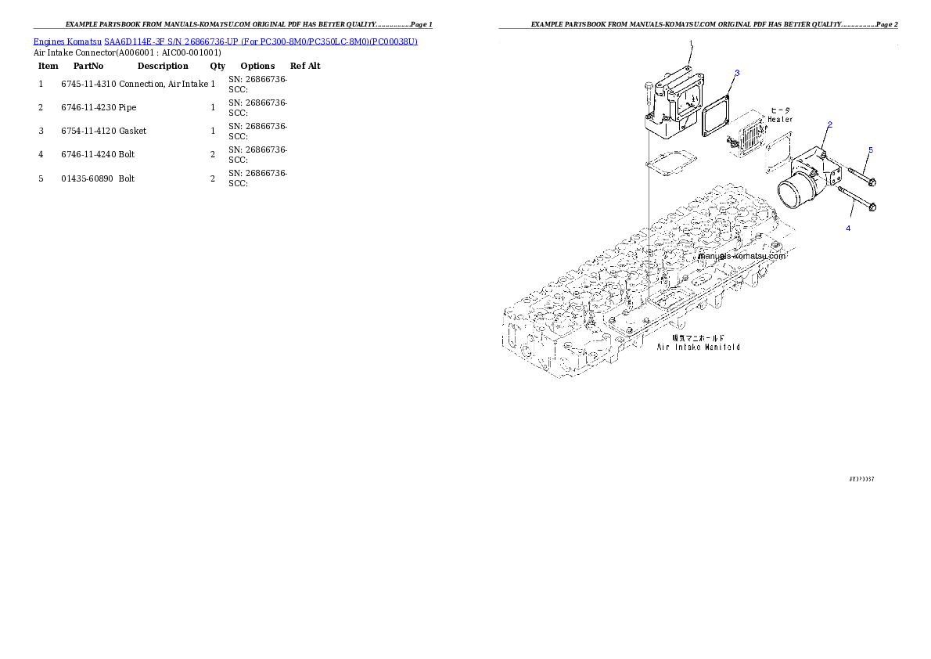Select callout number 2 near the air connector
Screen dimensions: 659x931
[x=829, y=124]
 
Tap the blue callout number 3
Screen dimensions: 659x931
[x=736, y=73]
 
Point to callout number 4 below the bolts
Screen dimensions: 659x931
[x=847, y=228]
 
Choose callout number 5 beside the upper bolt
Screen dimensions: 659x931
[x=870, y=149]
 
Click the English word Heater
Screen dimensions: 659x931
[x=779, y=120]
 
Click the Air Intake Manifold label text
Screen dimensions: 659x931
[x=698, y=346]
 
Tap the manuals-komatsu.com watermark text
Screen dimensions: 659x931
[x=742, y=256]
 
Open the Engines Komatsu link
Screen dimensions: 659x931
[x=68, y=41]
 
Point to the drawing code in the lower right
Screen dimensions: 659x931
[x=861, y=478]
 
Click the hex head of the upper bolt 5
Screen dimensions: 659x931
[x=872, y=182]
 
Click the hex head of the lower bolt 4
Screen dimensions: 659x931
[x=872, y=207]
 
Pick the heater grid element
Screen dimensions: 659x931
[x=748, y=139]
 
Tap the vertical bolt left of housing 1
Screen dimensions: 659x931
[x=648, y=96]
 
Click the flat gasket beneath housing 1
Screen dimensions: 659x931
[x=664, y=164]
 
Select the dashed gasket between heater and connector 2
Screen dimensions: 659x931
[x=778, y=150]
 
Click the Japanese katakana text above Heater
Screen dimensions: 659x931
[x=781, y=110]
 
